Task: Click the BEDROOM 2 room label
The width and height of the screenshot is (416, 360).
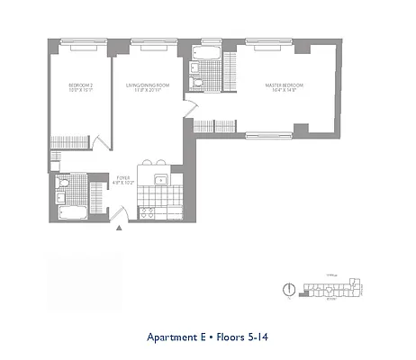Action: (x=79, y=87)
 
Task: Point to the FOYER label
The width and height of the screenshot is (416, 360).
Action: (x=123, y=180)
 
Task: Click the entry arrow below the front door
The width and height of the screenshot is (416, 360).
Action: (x=119, y=227)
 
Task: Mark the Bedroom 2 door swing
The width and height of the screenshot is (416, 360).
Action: (x=98, y=142)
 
